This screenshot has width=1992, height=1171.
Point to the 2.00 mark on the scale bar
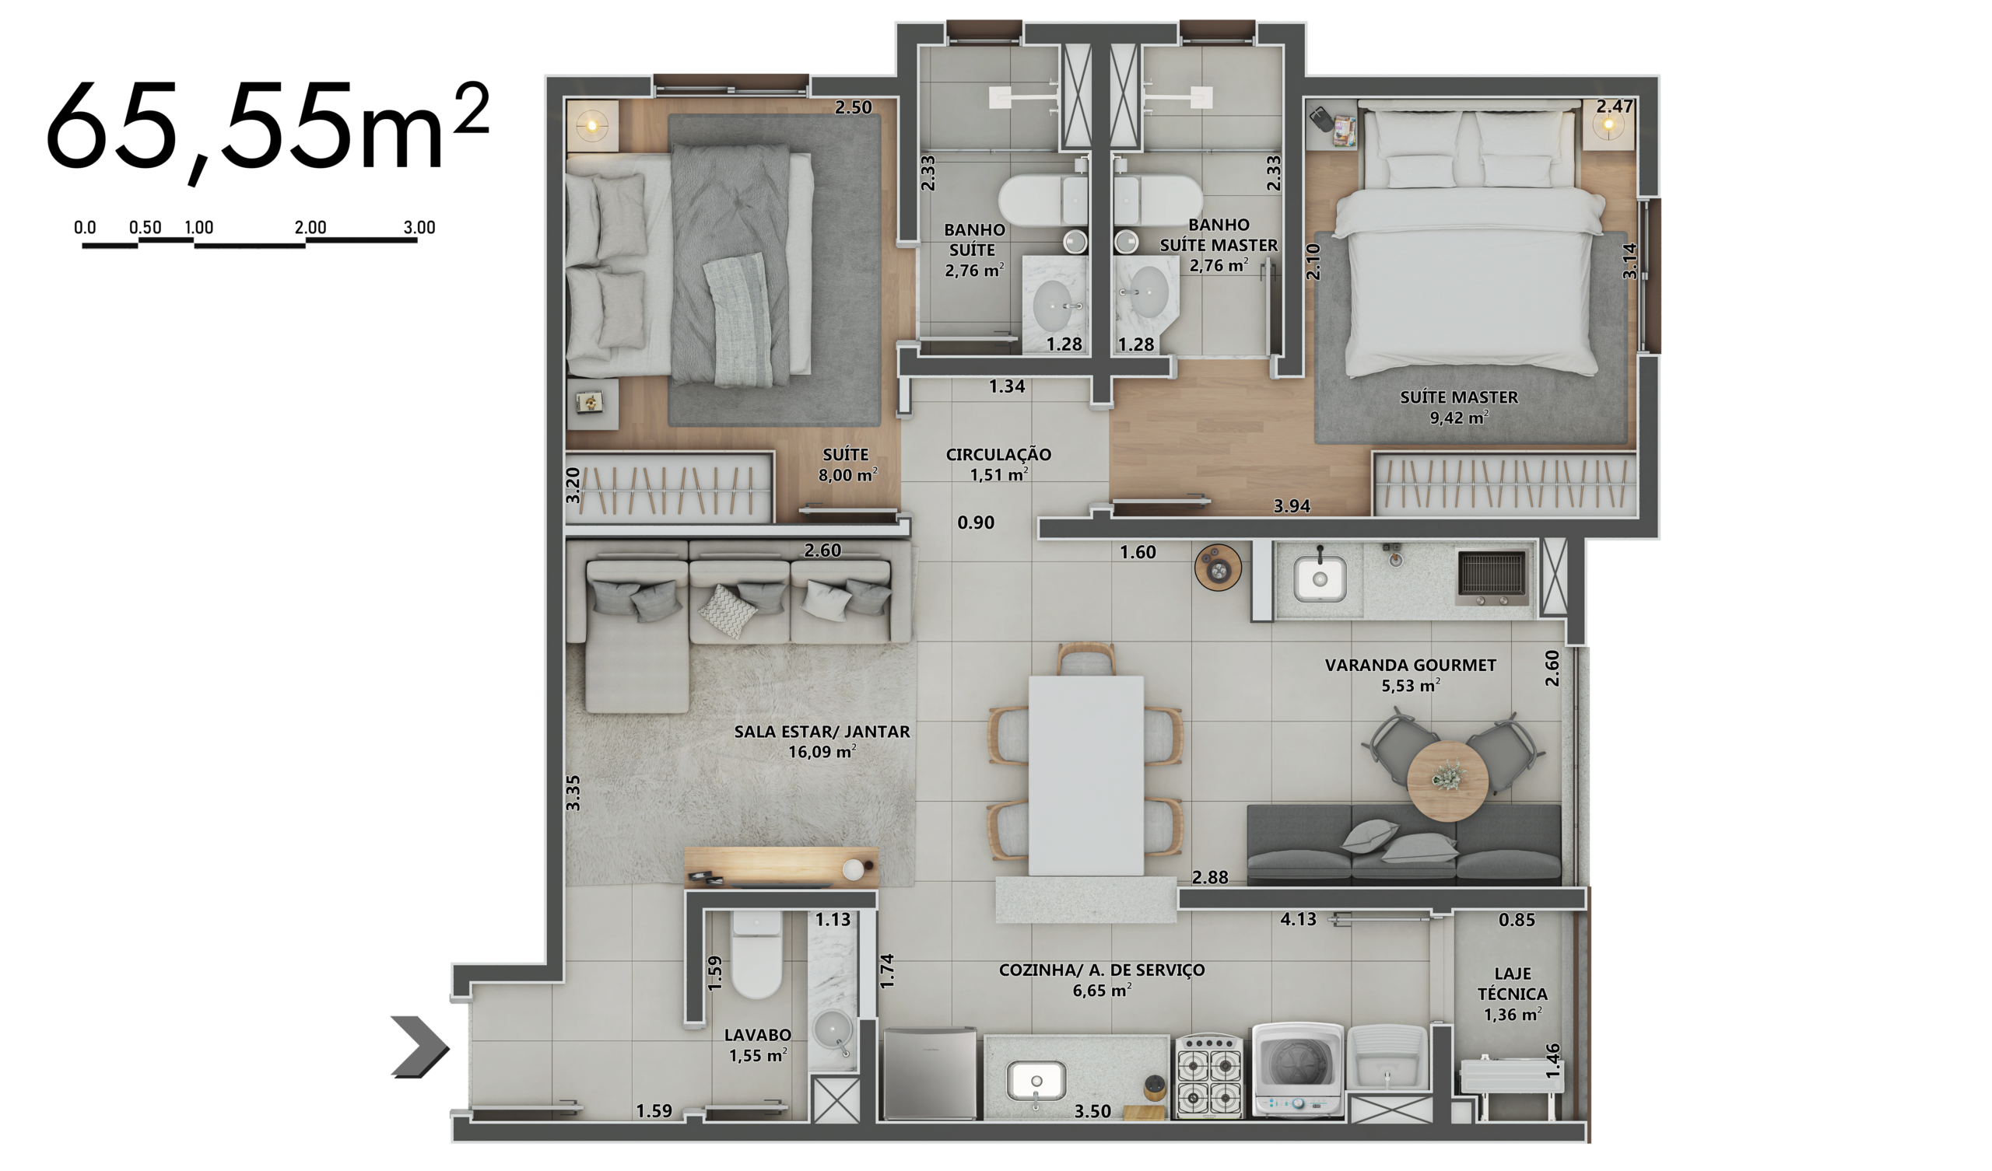310,228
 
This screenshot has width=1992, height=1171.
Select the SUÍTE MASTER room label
1458,397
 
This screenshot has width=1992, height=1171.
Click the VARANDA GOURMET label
1410,666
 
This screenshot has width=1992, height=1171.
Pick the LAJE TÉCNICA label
1512,984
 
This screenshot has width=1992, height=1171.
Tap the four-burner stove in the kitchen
1208,1075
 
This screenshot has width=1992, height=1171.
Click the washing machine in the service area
1297,1070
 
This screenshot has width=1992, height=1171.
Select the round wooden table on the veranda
1447,781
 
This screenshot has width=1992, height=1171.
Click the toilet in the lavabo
756,954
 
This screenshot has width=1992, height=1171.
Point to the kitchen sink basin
1036,1081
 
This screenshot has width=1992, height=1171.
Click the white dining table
1085,774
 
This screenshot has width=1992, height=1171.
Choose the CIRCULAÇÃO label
998,455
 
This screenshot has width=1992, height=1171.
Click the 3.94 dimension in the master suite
1292,506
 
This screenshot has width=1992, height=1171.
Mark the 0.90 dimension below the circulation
976,523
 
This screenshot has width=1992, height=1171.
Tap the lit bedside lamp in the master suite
1608,125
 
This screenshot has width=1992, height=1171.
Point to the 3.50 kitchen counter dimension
1092,1112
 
